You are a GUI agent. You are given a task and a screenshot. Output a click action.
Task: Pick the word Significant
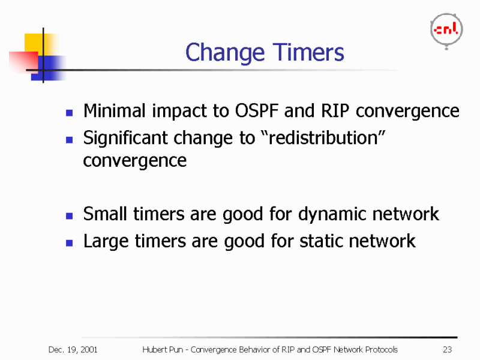[125, 139]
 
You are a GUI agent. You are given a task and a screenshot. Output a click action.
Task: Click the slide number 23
[447, 350]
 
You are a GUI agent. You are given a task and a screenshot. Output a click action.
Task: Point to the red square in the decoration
[22, 60]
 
